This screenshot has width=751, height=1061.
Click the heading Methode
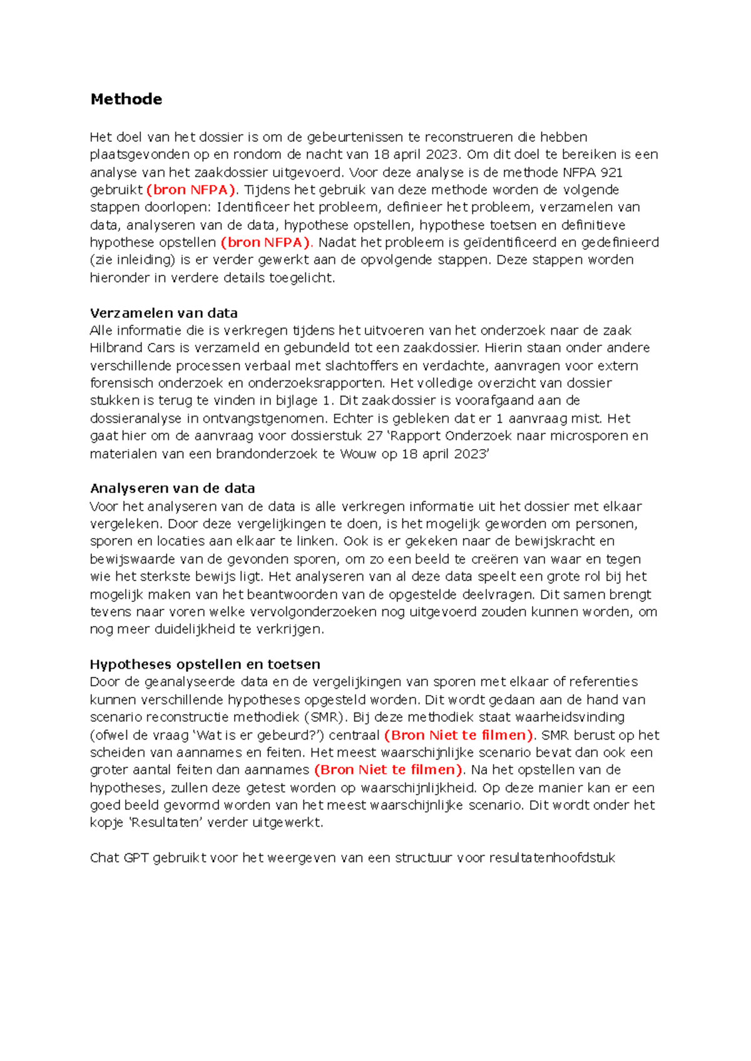(126, 99)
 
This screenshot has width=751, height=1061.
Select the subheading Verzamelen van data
(163, 313)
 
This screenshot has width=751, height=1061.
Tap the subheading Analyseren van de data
(172, 488)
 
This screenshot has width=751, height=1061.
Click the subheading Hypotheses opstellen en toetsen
(205, 664)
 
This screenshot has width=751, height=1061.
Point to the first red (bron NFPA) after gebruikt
(192, 190)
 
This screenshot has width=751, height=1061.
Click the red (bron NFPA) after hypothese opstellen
(265, 242)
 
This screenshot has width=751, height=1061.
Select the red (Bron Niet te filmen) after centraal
(458, 735)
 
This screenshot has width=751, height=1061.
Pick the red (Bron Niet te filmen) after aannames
(388, 770)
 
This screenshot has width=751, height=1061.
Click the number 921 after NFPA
(611, 172)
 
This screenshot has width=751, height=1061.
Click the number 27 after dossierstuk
(375, 435)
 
